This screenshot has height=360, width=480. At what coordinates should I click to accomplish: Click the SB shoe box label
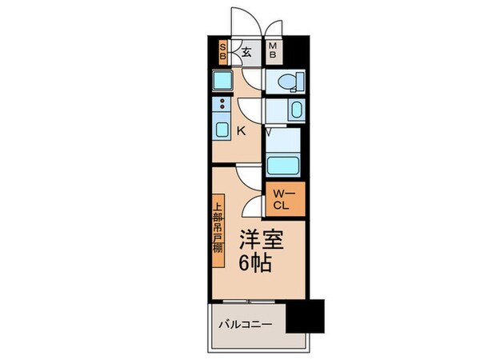(223, 53)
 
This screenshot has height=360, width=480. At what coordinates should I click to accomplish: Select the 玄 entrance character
(246, 53)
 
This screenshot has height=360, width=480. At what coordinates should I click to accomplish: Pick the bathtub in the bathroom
(284, 166)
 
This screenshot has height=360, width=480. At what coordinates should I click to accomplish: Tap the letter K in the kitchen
(242, 130)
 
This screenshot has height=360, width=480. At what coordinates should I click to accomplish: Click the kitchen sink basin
(222, 129)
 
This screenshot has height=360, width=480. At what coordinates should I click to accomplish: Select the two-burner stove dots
(221, 103)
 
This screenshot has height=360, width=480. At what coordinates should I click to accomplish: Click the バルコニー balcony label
(247, 325)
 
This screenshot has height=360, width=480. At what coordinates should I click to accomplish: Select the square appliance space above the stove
(222, 81)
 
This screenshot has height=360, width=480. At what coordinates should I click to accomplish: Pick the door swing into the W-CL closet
(255, 206)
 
